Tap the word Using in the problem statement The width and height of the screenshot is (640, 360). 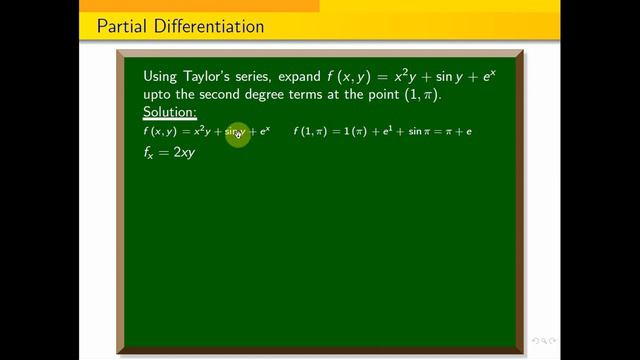click(x=162, y=75)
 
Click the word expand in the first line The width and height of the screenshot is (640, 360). click(x=306, y=75)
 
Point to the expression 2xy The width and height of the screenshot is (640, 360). click(x=180, y=154)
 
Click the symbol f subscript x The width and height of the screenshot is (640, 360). click(x=151, y=155)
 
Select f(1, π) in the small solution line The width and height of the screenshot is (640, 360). click(x=311, y=132)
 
